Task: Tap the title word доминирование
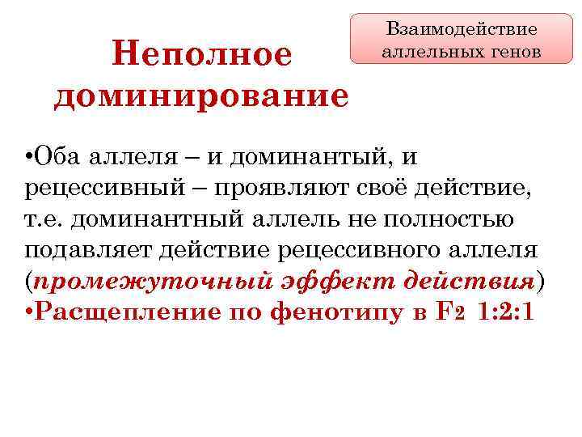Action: point(201,95)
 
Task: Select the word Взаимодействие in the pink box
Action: point(462,29)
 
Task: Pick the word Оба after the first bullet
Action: point(57,156)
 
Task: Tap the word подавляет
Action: point(91,250)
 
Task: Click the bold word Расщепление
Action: point(124,312)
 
